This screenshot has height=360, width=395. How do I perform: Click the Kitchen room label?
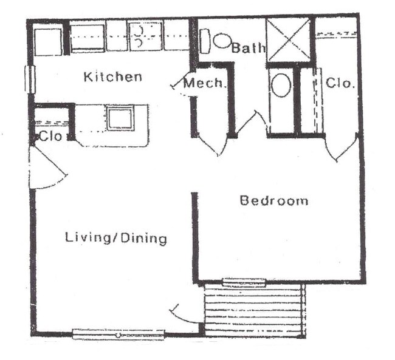tap(113, 77)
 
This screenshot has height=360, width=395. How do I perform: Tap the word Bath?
tap(248, 48)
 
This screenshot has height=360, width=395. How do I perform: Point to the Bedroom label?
tap(273, 200)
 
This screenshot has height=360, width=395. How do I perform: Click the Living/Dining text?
tap(116, 238)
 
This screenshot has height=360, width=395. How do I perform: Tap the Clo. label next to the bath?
tap(340, 83)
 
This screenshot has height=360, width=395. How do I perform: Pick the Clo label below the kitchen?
tap(50, 137)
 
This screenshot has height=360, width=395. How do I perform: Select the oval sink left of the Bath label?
tap(222, 41)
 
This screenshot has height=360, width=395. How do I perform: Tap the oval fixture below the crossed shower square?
tap(281, 86)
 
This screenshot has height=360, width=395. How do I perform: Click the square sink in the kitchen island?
tap(120, 117)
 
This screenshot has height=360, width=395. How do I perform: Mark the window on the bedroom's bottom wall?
tap(244, 282)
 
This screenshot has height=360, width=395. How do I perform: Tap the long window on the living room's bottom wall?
tap(118, 334)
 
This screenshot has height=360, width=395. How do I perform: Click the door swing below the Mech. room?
tap(210, 146)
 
